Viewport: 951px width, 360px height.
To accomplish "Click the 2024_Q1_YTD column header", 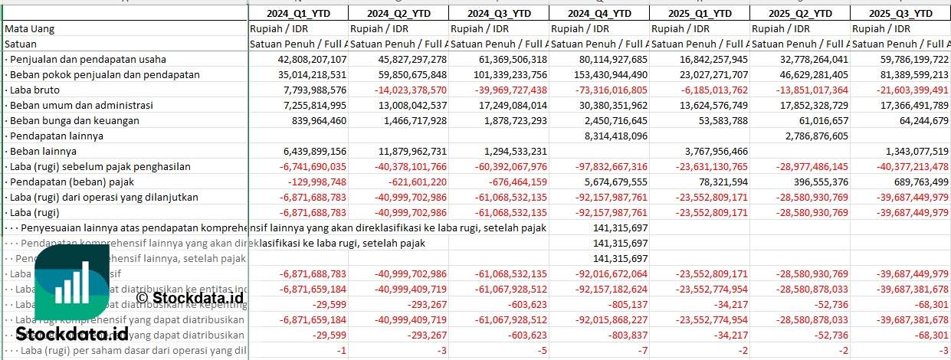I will pyautogui.click(x=298, y=13).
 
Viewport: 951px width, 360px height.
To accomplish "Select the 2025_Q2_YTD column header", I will pyautogui.click(x=800, y=13).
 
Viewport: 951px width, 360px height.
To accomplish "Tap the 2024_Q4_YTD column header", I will pyautogui.click(x=600, y=13).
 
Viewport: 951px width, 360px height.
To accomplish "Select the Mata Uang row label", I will pyautogui.click(x=29, y=28).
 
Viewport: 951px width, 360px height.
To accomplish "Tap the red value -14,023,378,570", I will pyautogui.click(x=401, y=90).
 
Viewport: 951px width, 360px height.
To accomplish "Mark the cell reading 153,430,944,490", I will pyautogui.click(x=600, y=74).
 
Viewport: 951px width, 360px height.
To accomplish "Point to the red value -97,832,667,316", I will pyautogui.click(x=600, y=166).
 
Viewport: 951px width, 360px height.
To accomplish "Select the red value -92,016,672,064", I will pyautogui.click(x=600, y=273).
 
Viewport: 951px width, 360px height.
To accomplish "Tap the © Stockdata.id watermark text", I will pyautogui.click(x=189, y=297).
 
